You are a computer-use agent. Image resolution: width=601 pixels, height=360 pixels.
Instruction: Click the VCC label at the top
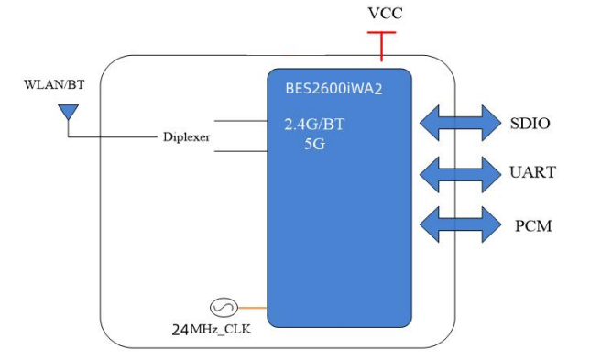[x=384, y=14]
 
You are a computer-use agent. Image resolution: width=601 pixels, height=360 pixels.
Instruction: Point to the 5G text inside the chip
[x=315, y=143]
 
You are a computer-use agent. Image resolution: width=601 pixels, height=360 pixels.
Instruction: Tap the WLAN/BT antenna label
[x=54, y=85]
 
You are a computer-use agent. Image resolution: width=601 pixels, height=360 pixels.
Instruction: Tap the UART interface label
[x=530, y=172]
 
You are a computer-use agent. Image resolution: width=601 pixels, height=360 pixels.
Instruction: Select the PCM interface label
[x=529, y=224]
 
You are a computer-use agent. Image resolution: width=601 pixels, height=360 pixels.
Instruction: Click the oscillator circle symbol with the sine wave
[x=224, y=308]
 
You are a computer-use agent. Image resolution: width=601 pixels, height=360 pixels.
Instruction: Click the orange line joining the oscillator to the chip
[x=253, y=308]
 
